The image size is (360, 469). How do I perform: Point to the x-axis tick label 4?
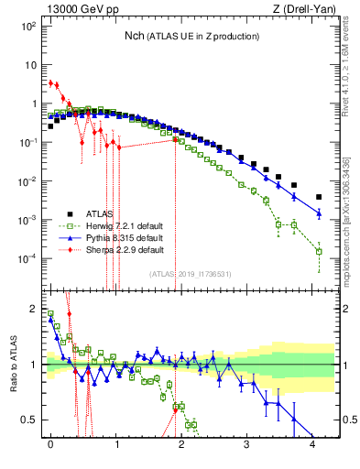[313, 444]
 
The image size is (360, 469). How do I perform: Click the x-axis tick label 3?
[247, 444]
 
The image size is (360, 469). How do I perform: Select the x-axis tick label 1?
[116, 444]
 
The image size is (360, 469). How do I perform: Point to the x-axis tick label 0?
[50, 444]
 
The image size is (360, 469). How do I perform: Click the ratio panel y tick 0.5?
[29, 420]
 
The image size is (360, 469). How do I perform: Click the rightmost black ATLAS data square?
[319, 197]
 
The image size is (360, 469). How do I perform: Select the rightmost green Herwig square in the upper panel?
[319, 251]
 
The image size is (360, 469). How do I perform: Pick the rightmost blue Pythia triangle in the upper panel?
[319, 213]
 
